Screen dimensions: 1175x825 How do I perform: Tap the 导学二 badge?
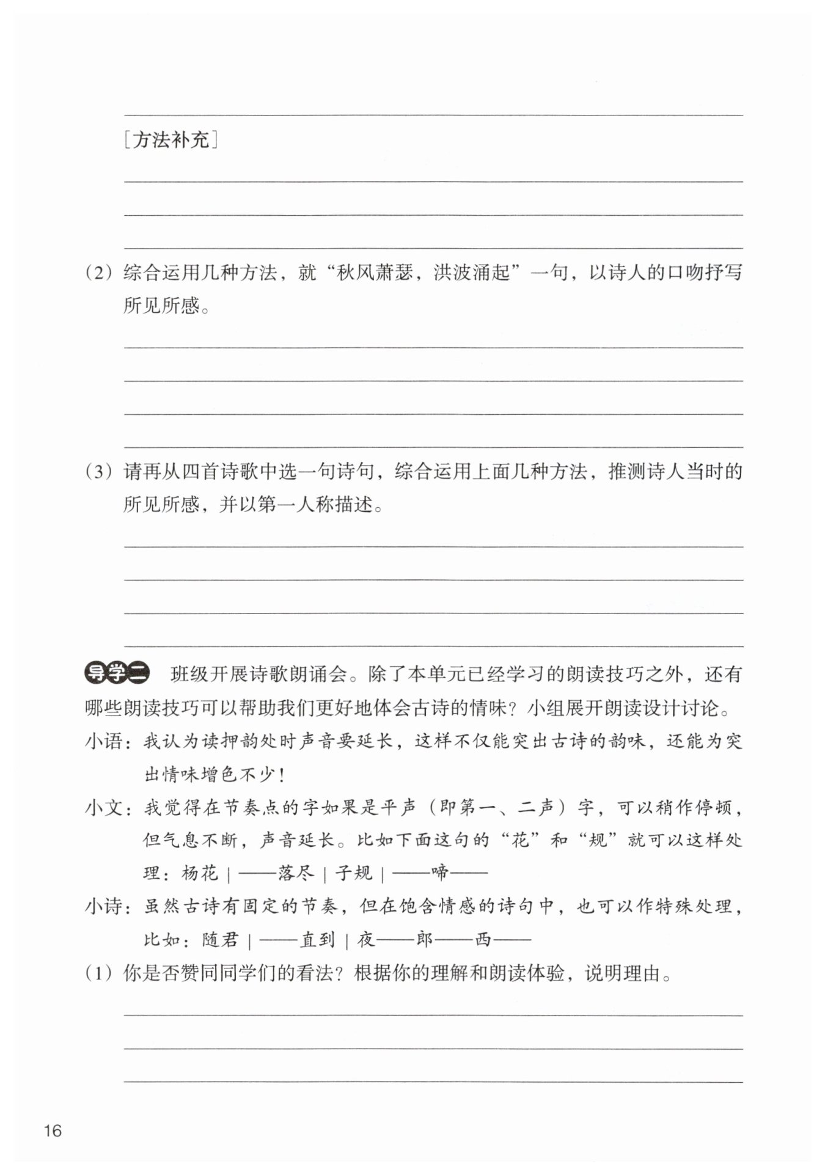[116, 675]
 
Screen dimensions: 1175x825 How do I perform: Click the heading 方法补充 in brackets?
[170, 140]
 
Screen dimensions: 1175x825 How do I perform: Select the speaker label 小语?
[104, 742]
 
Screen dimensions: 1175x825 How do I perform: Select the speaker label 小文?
[104, 808]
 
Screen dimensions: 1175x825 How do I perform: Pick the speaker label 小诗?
[104, 906]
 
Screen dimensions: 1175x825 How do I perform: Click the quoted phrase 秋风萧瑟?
[374, 272]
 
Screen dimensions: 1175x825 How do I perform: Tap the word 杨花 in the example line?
[199, 873]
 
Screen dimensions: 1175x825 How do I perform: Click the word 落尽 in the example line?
[296, 873]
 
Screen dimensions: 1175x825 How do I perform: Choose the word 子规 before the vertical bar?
[354, 873]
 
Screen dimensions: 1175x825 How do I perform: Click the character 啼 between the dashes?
[439, 873]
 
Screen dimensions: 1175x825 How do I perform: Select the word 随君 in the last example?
[219, 939]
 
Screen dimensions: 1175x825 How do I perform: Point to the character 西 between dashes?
[483, 939]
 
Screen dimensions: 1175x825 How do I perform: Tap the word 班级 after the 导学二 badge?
[189, 675]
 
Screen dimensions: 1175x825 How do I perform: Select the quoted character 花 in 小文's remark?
[520, 841]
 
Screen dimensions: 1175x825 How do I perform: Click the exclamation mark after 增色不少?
[281, 775]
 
